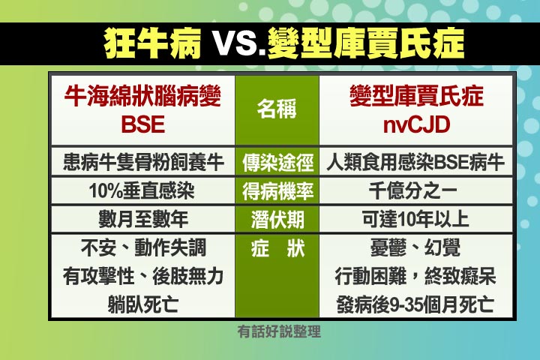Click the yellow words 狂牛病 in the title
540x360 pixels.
pyautogui.click(x=152, y=43)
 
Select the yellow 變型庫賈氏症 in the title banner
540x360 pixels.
pyautogui.click(x=366, y=43)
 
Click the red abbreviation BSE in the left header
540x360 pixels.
pyautogui.click(x=143, y=124)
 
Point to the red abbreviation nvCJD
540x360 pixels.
pyautogui.click(x=416, y=124)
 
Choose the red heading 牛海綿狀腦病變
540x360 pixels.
pyautogui.click(x=142, y=96)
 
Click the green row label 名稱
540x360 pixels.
pyautogui.click(x=277, y=109)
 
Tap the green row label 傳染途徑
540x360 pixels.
pyautogui.click(x=277, y=163)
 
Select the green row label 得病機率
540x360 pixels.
pyautogui.click(x=277, y=191)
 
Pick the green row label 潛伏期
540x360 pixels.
pyautogui.click(x=277, y=220)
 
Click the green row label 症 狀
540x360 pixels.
pyautogui.click(x=278, y=248)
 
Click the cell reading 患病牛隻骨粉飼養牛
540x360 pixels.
pyautogui.click(x=143, y=162)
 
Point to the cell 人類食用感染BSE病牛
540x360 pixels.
pyautogui.click(x=415, y=162)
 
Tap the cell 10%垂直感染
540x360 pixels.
pyautogui.click(x=142, y=190)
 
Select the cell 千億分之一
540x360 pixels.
pyautogui.click(x=413, y=190)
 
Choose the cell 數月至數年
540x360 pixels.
pyautogui.click(x=143, y=219)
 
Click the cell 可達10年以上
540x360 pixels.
pyautogui.click(x=415, y=219)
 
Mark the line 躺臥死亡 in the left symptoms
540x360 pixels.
pyautogui.click(x=143, y=304)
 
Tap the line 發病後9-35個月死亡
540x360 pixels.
pyautogui.click(x=415, y=304)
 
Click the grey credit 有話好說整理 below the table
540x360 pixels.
pyautogui.click(x=279, y=331)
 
